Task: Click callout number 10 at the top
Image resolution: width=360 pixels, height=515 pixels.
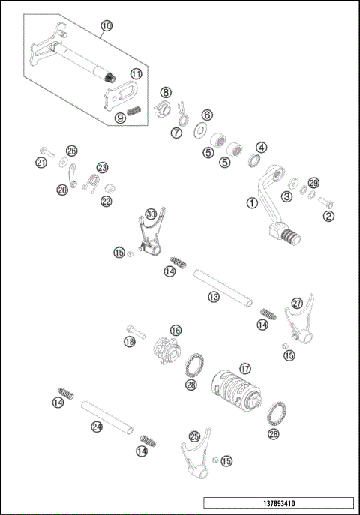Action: (106, 25)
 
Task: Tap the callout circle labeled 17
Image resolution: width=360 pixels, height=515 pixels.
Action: (243, 369)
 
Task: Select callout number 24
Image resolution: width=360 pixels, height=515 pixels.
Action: (97, 427)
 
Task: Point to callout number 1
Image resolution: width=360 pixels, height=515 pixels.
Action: (252, 202)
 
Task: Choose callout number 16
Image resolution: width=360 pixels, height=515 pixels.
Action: (175, 330)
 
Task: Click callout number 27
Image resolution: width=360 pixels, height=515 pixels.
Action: (297, 304)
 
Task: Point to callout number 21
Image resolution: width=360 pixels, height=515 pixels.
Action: (41, 163)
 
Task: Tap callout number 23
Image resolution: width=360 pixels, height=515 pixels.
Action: (102, 167)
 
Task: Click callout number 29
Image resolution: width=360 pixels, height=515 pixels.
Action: (313, 184)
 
